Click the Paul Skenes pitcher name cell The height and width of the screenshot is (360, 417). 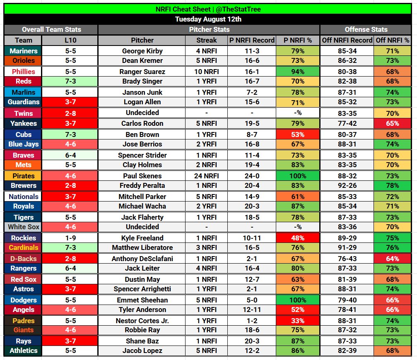(x=142, y=176)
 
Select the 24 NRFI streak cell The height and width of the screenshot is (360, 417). (x=206, y=176)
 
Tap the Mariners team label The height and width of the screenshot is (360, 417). (x=23, y=51)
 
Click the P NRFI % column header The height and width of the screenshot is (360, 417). (x=298, y=40)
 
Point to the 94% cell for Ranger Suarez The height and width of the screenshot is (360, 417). (x=298, y=72)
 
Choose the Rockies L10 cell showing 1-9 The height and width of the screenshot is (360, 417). (x=70, y=238)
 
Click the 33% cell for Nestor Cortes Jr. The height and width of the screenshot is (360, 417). (x=298, y=321)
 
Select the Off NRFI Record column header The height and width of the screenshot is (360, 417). (x=347, y=40)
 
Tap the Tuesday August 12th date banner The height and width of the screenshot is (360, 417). (x=208, y=19)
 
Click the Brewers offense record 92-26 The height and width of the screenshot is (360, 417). (x=347, y=185)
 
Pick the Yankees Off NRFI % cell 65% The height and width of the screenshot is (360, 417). (x=393, y=123)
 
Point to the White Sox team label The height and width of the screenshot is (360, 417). (x=23, y=227)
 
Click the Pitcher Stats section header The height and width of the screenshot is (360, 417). (x=209, y=29)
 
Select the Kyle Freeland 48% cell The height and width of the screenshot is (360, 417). (x=298, y=238)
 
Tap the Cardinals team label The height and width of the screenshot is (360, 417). (x=23, y=247)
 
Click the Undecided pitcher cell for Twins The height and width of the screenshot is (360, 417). (x=142, y=113)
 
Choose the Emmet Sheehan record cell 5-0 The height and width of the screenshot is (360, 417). (x=252, y=300)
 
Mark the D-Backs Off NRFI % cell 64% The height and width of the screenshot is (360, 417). (x=393, y=259)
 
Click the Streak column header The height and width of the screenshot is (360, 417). (x=206, y=40)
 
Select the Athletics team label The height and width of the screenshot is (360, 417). (x=23, y=350)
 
